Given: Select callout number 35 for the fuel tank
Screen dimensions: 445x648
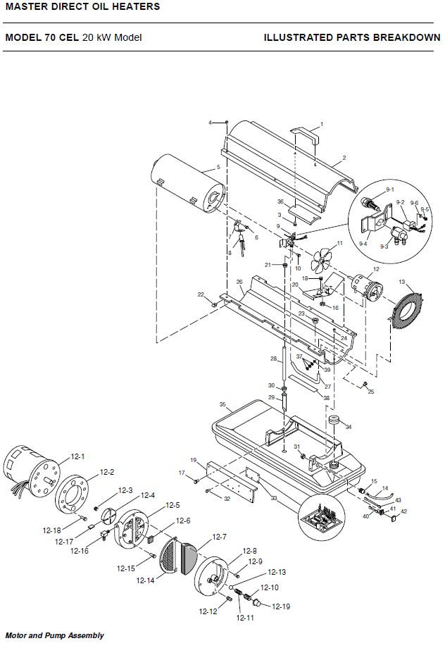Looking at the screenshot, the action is tap(222, 404).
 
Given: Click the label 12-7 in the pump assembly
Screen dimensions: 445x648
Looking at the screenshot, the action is tap(220, 537).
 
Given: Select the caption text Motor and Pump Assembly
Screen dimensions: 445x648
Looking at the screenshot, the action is tap(54, 635).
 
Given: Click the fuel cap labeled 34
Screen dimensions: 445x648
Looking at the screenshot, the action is tap(334, 421).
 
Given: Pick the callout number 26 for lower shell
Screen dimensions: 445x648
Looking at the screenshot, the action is tap(239, 282).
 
